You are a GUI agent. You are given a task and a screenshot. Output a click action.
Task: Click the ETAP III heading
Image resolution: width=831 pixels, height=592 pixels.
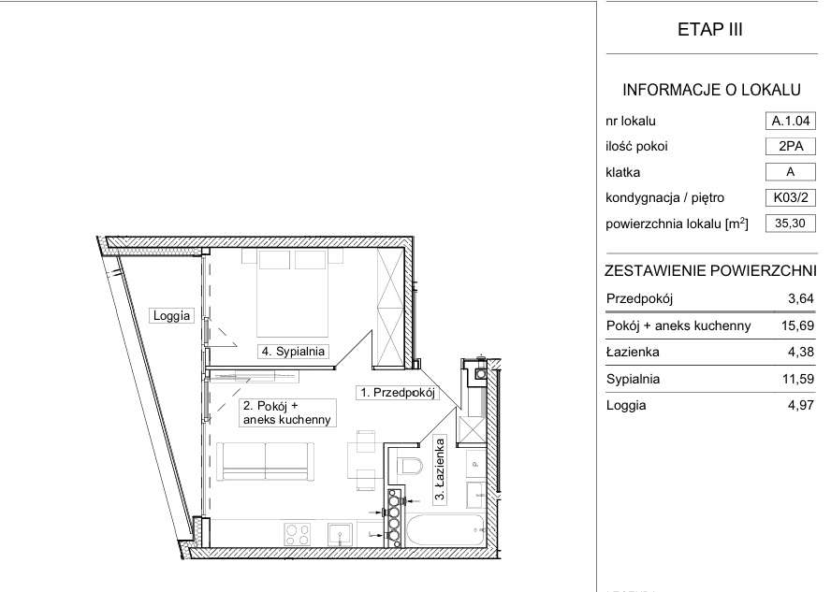[x=709, y=29]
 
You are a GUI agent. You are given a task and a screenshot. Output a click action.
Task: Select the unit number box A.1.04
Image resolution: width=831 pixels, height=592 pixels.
[x=790, y=121]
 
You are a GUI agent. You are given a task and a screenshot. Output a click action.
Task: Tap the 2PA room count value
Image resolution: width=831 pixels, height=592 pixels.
[x=790, y=146]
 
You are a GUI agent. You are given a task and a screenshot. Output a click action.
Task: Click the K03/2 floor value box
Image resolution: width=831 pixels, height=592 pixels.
[x=790, y=197]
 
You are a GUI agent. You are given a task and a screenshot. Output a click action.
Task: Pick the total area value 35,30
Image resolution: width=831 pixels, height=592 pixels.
[x=790, y=223]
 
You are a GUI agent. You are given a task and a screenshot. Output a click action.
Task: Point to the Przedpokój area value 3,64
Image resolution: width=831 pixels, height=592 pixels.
[x=800, y=298]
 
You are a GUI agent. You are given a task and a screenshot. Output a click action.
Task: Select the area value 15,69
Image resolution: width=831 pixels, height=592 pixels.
[x=797, y=325]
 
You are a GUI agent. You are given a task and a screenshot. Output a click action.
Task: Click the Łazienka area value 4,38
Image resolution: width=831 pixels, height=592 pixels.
[x=800, y=352]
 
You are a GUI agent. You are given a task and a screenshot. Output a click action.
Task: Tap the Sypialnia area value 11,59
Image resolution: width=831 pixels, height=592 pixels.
[x=797, y=379]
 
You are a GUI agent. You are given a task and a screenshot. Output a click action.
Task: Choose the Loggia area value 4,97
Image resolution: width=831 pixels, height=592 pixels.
[x=800, y=405]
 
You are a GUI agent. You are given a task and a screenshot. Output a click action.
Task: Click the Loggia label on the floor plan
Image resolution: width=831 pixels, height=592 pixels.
[x=171, y=315]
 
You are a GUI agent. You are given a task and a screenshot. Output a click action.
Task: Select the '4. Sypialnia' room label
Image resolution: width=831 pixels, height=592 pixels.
[x=293, y=351]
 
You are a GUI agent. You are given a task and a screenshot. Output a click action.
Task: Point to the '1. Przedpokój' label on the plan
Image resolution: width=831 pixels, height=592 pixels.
[x=398, y=393]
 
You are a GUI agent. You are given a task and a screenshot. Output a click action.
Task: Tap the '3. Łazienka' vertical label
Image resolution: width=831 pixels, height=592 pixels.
[x=439, y=469]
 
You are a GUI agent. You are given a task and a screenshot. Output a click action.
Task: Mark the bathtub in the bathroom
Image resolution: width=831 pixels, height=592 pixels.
[x=445, y=530]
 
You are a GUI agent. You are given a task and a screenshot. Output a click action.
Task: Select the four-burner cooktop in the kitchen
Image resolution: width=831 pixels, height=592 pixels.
[x=297, y=534]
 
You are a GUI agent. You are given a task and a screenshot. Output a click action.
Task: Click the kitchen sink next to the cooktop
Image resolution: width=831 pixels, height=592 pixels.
[x=340, y=534]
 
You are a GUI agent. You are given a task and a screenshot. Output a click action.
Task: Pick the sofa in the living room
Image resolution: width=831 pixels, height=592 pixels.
[x=266, y=461]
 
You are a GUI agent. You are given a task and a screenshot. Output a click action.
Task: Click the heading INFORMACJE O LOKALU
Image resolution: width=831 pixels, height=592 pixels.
[x=711, y=90]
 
